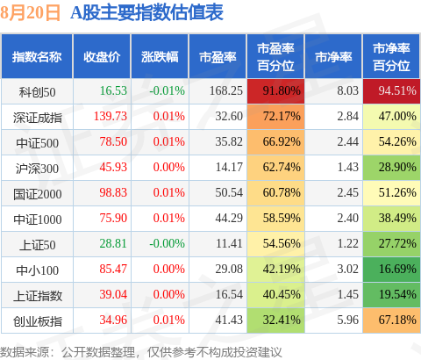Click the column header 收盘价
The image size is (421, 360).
tap(102, 57)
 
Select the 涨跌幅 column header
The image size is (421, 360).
tap(160, 57)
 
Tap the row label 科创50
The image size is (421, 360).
tap(37, 92)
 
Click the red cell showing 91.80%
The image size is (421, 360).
tap(275, 91)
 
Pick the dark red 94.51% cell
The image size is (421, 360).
tap(391, 91)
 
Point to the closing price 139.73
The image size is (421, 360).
tap(111, 116)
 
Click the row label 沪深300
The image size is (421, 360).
tap(37, 169)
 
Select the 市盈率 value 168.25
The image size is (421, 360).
tap(226, 90)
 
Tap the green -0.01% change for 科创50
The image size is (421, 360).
tap(167, 90)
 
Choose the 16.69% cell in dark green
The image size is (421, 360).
tap(391, 270)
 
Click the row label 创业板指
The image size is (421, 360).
tap(38, 321)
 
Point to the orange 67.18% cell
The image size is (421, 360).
tap(391, 320)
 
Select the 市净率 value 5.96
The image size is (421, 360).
tap(347, 320)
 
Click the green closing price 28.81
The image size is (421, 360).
tap(113, 243)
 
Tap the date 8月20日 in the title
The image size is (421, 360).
tap(30, 12)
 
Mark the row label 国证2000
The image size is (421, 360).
tap(38, 194)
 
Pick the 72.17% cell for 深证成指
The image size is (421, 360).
tap(275, 117)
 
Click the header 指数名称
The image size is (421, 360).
tap(37, 57)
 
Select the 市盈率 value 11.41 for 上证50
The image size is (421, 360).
tap(229, 243)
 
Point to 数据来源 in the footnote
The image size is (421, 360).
tap(25, 351)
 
